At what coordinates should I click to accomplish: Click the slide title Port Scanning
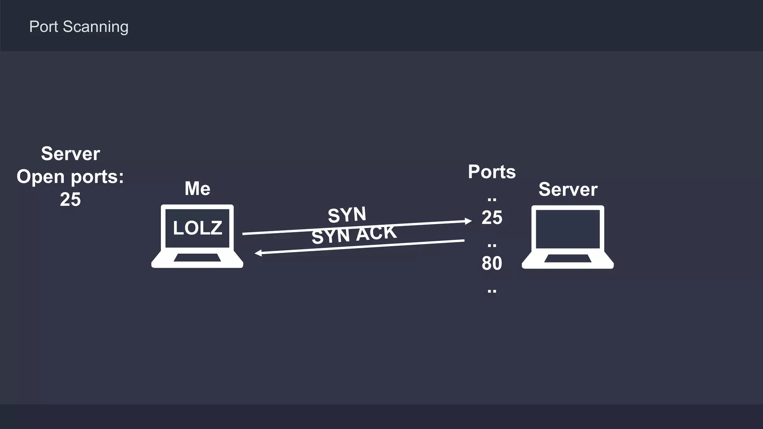pos(79,27)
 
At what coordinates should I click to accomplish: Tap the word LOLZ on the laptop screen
pos(197,228)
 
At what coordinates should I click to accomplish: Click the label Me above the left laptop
pos(197,188)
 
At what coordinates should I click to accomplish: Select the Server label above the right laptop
pos(568,189)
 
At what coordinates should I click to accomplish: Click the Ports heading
pos(492,172)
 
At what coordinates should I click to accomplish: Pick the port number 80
pos(492,263)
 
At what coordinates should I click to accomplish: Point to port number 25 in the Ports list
pos(492,217)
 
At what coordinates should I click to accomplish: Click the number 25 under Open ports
pos(70,199)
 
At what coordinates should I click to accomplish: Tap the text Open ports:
pos(70,176)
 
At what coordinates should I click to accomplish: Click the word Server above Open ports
pos(70,153)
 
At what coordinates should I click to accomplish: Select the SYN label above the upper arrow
pos(347,214)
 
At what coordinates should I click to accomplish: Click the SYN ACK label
pos(354,235)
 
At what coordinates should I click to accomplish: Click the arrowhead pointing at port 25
pos(468,221)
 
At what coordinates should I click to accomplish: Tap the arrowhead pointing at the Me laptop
pos(258,253)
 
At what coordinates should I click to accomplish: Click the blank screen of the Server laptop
pos(568,229)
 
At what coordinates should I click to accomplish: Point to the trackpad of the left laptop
pos(197,258)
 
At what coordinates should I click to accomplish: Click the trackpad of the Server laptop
pos(568,258)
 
